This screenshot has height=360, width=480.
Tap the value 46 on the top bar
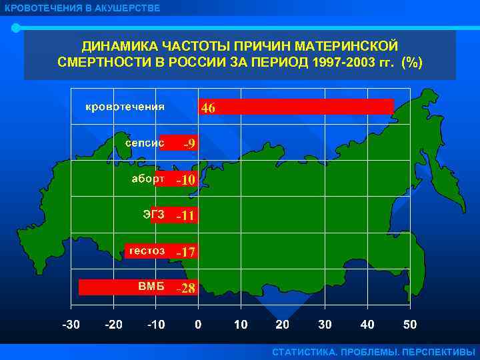(x=208, y=107)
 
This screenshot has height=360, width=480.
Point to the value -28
(x=185, y=289)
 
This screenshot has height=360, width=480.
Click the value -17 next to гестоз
(x=185, y=252)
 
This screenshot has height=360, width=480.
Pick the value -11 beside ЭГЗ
(x=185, y=215)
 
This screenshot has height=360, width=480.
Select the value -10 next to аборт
(x=185, y=179)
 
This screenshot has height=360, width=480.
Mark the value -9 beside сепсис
(x=189, y=143)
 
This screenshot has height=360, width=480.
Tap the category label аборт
(x=147, y=179)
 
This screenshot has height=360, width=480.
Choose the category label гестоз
(x=147, y=251)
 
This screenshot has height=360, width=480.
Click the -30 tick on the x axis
(x=71, y=325)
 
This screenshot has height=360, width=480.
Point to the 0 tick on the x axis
(x=198, y=325)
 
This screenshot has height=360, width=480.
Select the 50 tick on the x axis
(x=409, y=325)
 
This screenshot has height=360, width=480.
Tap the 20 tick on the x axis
(x=283, y=325)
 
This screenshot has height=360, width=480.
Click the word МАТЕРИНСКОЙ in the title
(x=346, y=47)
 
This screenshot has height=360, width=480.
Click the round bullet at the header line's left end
(x=15, y=28)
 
